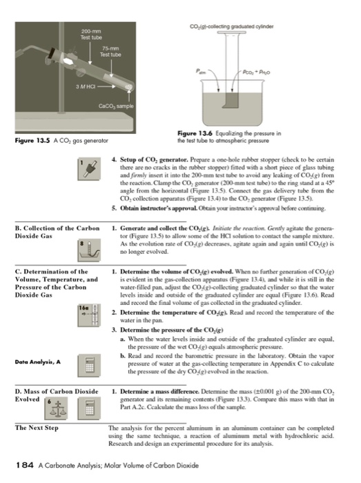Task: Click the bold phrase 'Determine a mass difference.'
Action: point(157,391)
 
